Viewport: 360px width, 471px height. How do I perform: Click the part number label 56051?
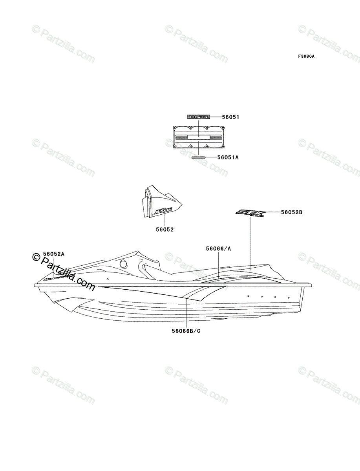[x=231, y=117]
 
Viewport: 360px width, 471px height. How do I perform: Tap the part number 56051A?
[x=228, y=157]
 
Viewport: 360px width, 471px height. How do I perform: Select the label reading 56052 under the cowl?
[x=165, y=230]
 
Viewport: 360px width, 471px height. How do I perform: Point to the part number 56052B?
[x=292, y=212]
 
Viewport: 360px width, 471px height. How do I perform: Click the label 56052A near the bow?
[x=54, y=254]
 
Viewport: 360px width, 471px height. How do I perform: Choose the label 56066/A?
[x=218, y=248]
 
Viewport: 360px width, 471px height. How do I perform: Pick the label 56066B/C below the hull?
[x=186, y=331]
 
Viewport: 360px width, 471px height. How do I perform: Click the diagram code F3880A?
[x=306, y=57]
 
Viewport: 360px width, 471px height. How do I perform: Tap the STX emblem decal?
[x=250, y=213]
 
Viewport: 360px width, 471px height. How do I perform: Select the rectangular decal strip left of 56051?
[x=198, y=117]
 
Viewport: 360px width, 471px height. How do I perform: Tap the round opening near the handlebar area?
[x=124, y=263]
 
